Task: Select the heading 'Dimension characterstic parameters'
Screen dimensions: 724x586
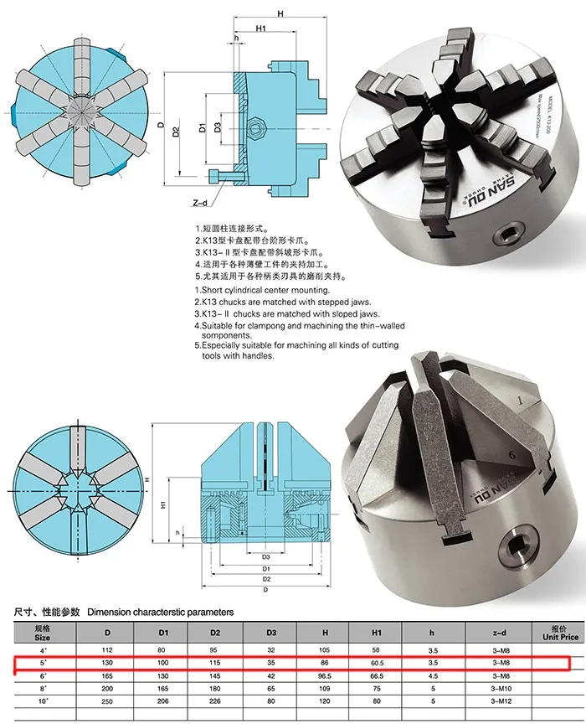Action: click(x=160, y=613)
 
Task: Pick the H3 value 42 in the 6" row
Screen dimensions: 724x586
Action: click(x=271, y=675)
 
